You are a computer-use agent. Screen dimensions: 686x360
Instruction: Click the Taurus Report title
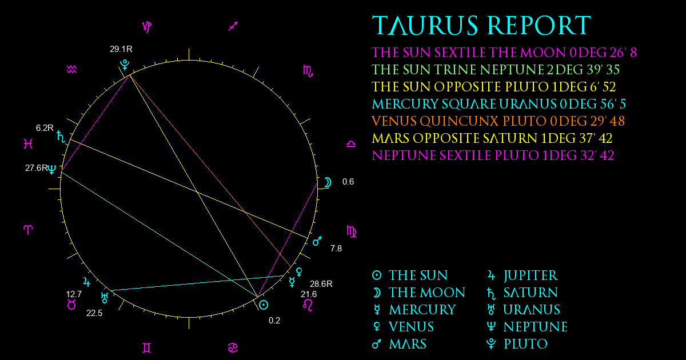[481, 25]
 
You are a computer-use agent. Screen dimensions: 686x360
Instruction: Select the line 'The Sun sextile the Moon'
[504, 53]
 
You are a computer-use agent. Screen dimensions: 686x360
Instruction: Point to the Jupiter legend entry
[523, 275]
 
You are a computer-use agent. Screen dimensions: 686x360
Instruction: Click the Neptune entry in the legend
[527, 327]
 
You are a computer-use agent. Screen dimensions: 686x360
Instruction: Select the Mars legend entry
[399, 344]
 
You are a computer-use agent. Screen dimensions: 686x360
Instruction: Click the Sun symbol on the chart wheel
[264, 305]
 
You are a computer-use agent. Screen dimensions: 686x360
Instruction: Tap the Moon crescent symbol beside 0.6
[328, 182]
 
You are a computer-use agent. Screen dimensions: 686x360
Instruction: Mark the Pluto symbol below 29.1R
[125, 65]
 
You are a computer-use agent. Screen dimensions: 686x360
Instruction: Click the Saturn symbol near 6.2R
[61, 137]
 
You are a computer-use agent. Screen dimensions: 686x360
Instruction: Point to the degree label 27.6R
[37, 168]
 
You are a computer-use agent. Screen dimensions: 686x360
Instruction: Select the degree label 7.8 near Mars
[336, 248]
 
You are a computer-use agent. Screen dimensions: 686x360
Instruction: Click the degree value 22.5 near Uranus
[94, 313]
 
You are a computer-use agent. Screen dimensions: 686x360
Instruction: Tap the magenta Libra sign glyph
[351, 144]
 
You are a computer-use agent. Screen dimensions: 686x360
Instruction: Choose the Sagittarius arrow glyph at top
[233, 26]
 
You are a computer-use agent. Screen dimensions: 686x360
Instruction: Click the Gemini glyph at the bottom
[147, 348]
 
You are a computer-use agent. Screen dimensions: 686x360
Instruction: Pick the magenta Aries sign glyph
[28, 230]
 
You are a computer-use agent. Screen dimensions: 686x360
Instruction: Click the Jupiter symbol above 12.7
[87, 282]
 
